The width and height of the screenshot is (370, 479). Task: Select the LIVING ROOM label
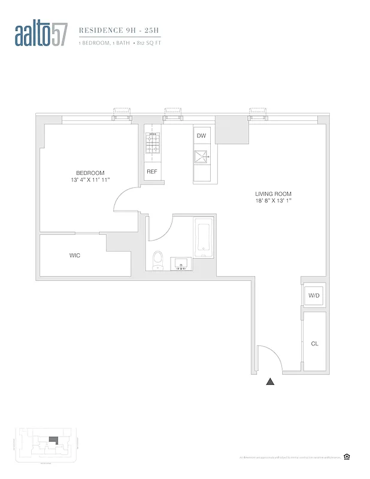(x=272, y=194)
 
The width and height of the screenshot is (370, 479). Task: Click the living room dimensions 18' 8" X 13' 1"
(x=272, y=201)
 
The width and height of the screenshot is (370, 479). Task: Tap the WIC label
(x=75, y=255)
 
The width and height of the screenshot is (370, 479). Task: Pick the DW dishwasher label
(x=201, y=136)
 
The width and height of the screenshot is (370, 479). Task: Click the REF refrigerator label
(x=151, y=171)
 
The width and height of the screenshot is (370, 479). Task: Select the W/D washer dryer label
(x=314, y=296)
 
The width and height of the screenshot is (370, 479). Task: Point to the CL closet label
(x=314, y=344)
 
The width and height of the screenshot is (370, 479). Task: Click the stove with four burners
(x=151, y=144)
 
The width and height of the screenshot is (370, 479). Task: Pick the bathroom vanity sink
(x=181, y=263)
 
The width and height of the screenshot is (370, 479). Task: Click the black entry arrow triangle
(x=270, y=381)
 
